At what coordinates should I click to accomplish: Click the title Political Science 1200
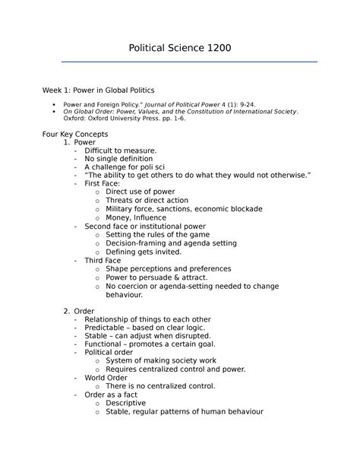[179, 48]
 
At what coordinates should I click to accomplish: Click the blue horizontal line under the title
[179, 62]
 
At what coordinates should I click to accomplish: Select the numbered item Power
[84, 142]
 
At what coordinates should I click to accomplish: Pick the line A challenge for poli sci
[125, 167]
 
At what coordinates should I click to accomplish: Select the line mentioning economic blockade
[184, 208]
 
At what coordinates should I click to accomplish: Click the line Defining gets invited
[144, 252]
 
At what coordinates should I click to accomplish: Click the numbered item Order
[84, 311]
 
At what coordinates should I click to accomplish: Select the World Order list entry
[107, 378]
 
